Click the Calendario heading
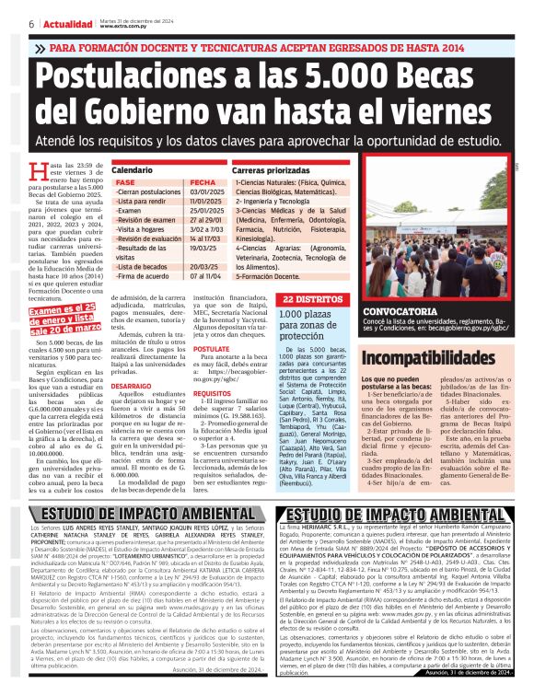[132, 171]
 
